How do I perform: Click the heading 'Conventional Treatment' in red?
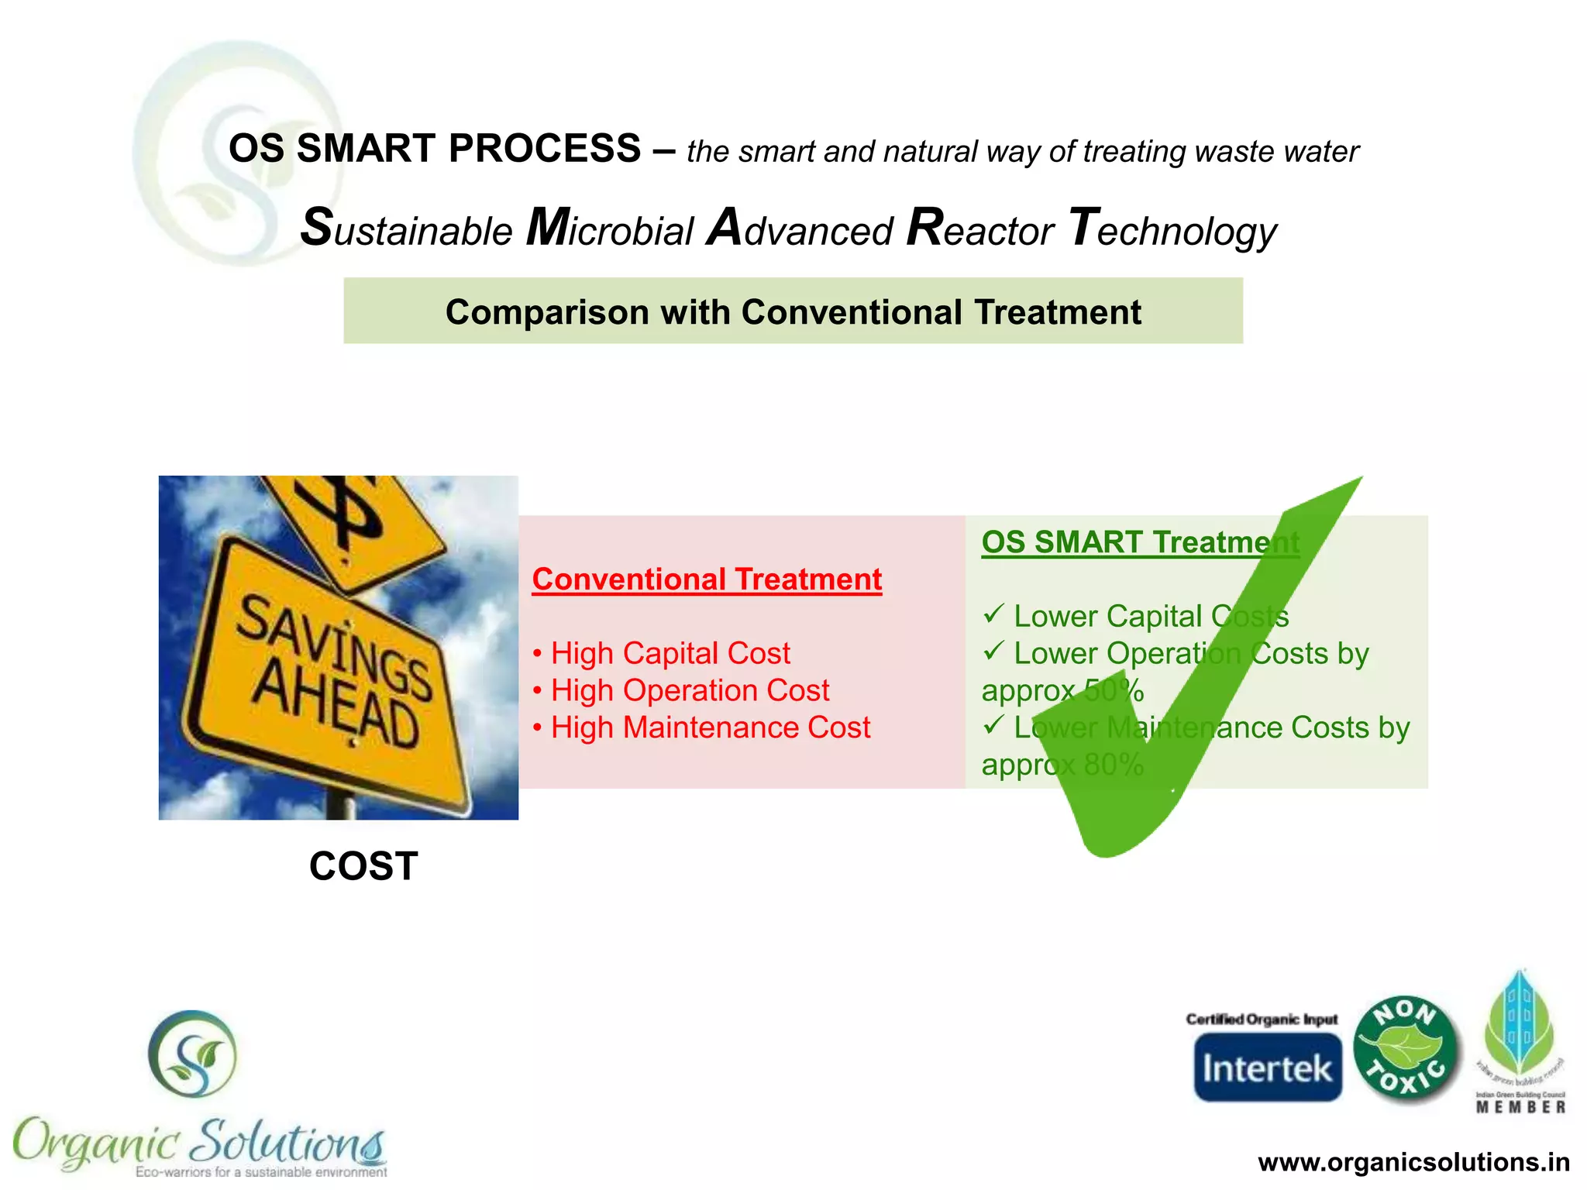coord(707,580)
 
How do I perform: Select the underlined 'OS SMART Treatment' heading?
coord(1139,542)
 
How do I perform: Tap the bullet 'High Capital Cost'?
coord(670,653)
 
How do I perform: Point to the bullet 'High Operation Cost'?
coord(689,690)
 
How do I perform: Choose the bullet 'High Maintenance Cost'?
coord(710,727)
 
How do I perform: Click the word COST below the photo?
coord(363,865)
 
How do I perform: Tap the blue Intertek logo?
coord(1267,1068)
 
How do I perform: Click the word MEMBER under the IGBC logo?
coord(1520,1108)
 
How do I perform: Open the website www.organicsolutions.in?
coord(1413,1162)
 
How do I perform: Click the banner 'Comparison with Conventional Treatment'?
coord(793,311)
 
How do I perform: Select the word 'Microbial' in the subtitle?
coord(609,229)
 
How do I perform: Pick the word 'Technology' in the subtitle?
coord(1172,229)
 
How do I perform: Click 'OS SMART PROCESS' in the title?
coord(435,148)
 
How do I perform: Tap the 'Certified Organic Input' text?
coord(1262,1019)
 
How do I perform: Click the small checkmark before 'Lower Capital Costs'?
coord(993,614)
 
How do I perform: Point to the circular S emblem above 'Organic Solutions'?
coord(193,1054)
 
